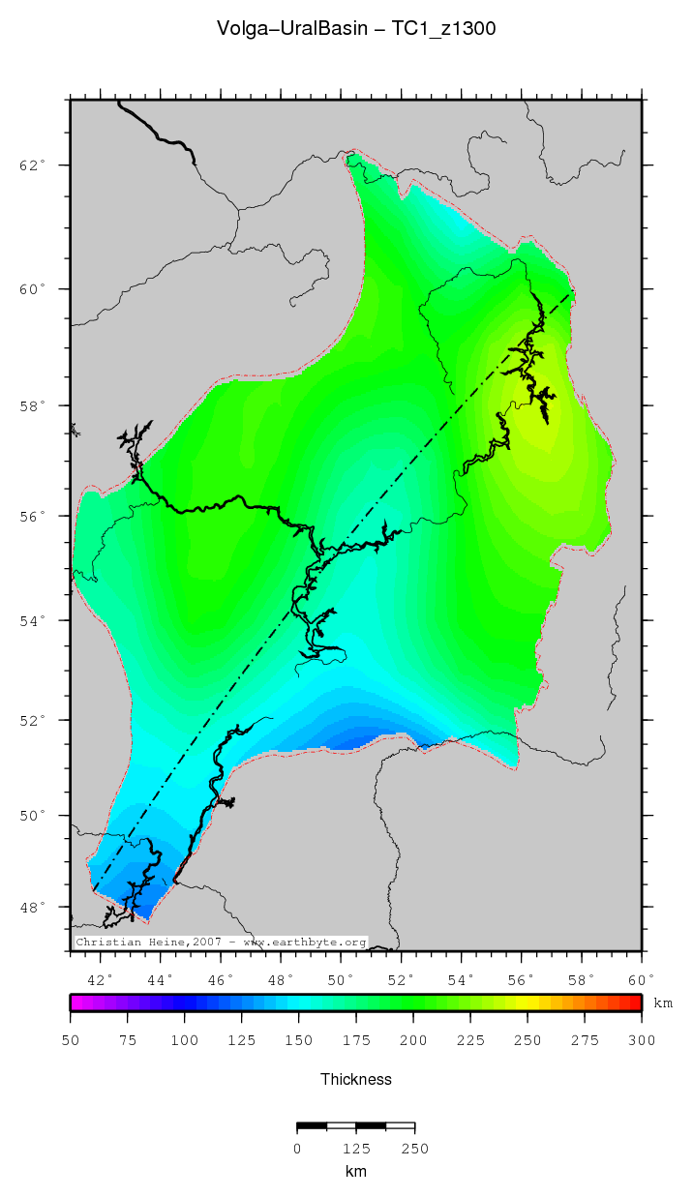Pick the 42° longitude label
tap(102, 979)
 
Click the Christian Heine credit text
tap(221, 942)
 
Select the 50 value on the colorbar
tap(71, 1040)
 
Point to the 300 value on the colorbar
tap(642, 1040)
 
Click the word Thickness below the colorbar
tap(356, 1079)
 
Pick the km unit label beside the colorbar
tap(663, 1003)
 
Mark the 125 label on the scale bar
tap(356, 1149)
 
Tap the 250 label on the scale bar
tap(415, 1149)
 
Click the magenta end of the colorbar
tap(75, 1002)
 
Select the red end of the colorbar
tap(636, 1002)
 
